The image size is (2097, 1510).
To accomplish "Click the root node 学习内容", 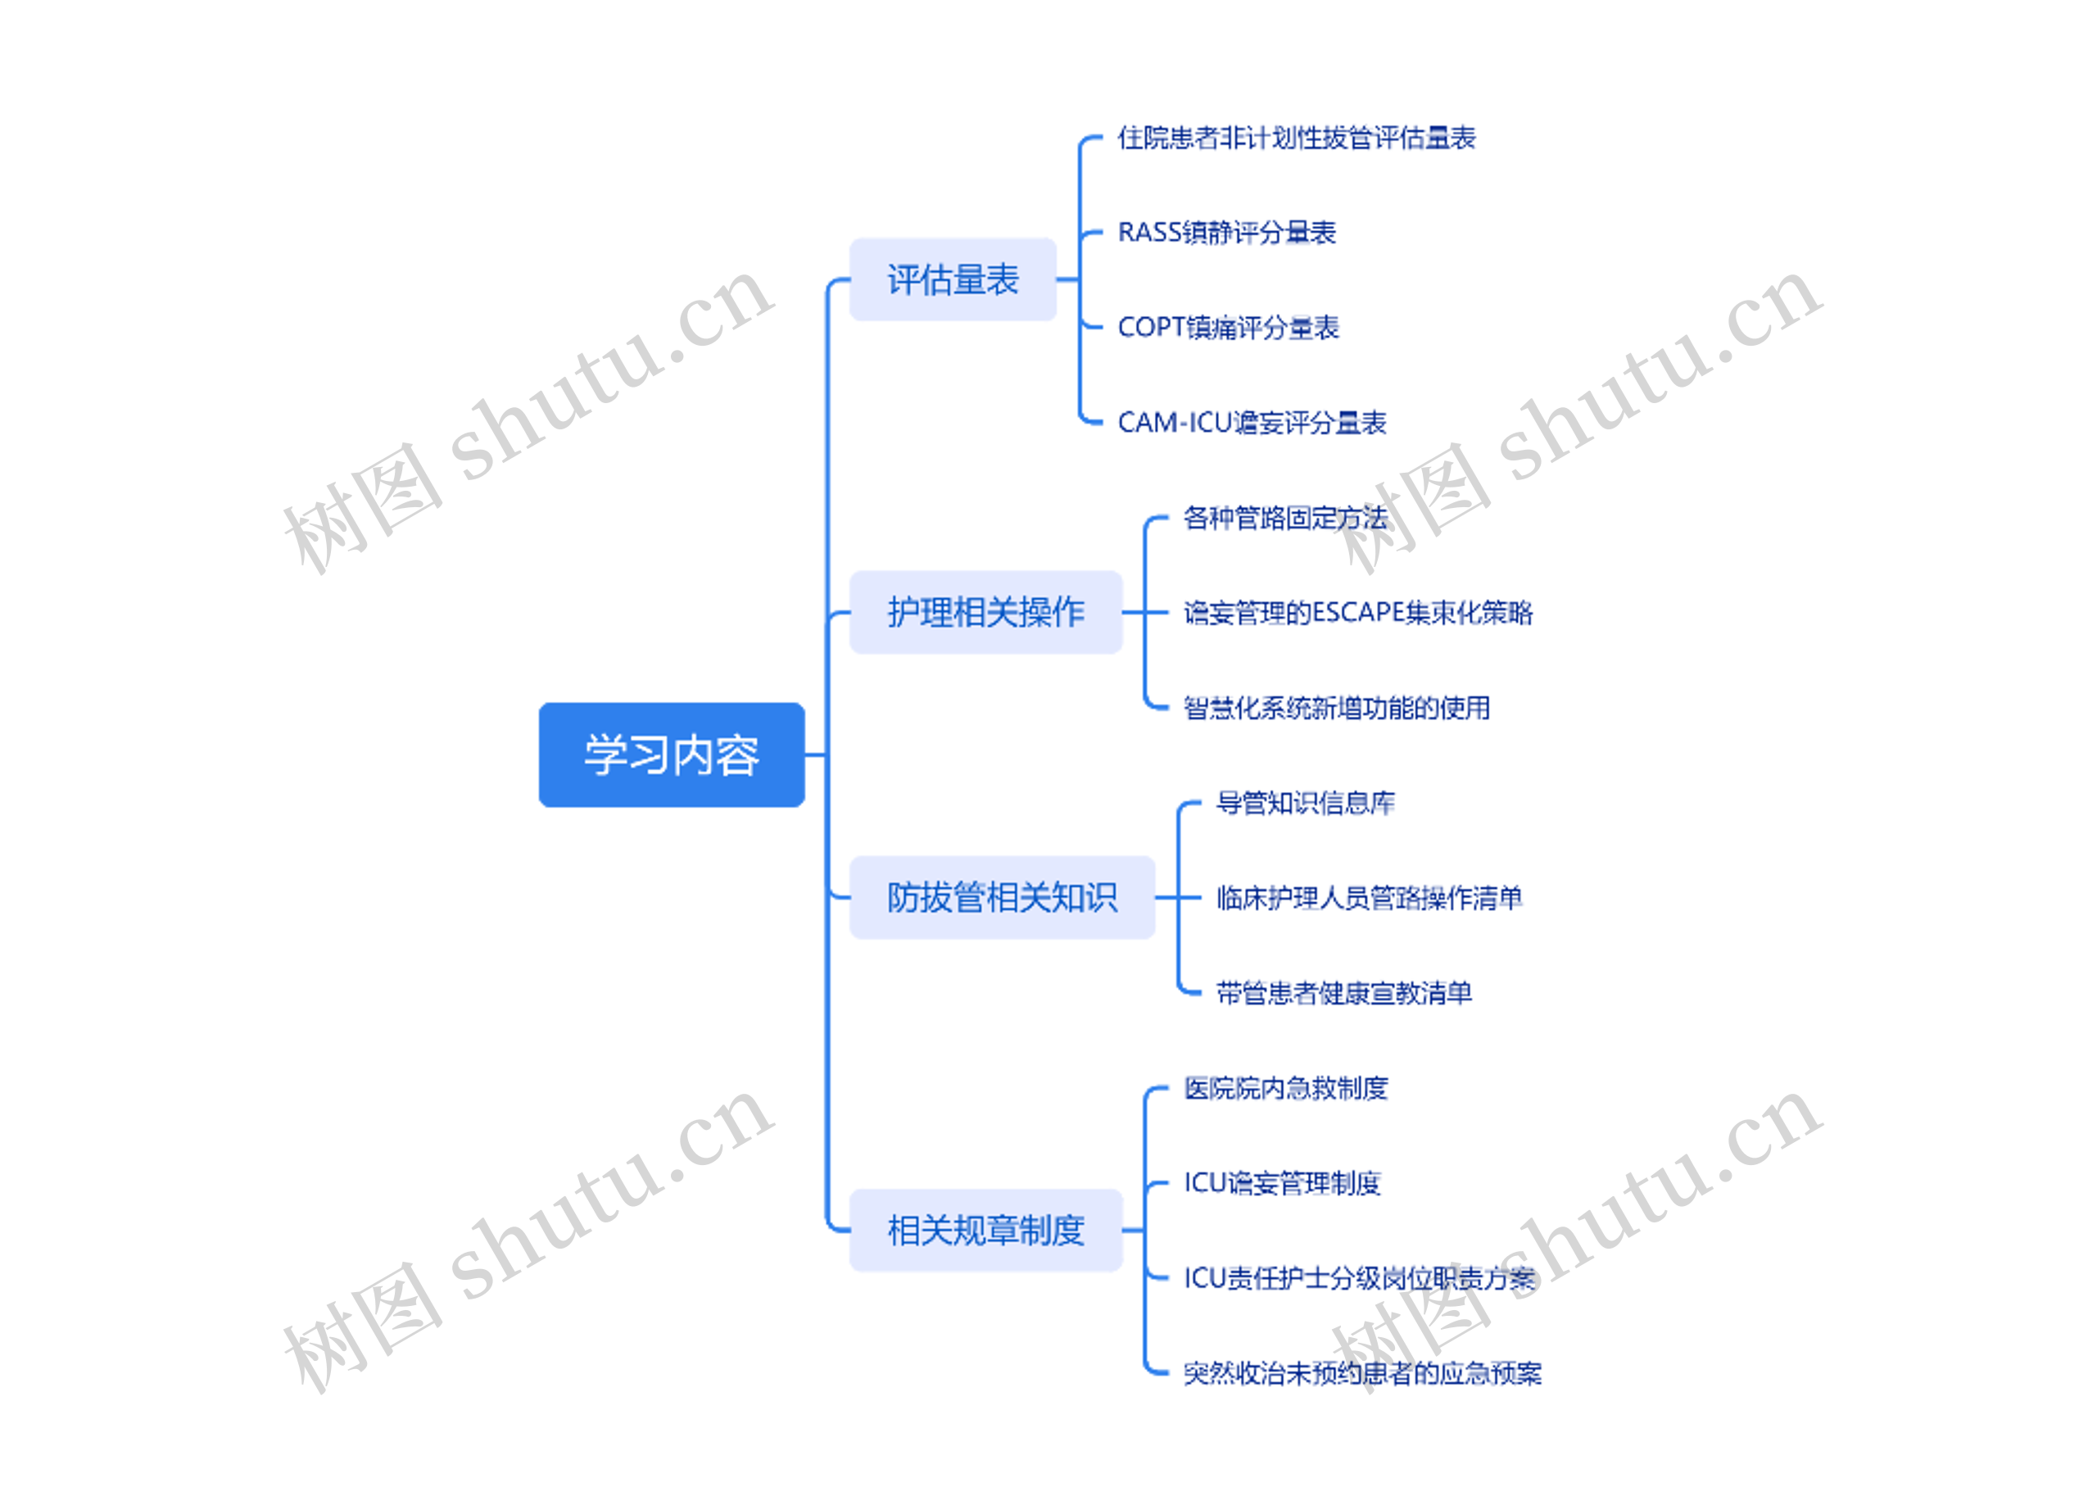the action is click(x=671, y=755).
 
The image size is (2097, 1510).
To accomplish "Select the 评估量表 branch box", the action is click(x=953, y=279).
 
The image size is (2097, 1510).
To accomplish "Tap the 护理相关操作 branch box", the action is click(x=985, y=612).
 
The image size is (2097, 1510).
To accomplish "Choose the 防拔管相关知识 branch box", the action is click(x=1003, y=897).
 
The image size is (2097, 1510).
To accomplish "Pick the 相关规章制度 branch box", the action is click(x=985, y=1230).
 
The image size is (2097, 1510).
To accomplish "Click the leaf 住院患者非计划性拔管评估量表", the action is click(x=1297, y=138).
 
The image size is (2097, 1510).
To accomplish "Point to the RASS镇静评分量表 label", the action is click(x=1227, y=232).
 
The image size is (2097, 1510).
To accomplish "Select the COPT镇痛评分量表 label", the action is click(x=1228, y=328).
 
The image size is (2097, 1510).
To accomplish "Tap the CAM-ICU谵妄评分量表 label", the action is click(x=1252, y=423).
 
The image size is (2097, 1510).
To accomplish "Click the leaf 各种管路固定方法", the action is click(x=1285, y=518).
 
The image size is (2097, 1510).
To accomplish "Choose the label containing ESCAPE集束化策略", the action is click(x=1357, y=612).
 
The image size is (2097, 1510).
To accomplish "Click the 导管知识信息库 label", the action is click(x=1306, y=803).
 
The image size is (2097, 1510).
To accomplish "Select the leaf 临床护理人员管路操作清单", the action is click(x=1370, y=897).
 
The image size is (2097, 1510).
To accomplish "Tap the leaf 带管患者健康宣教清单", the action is click(x=1344, y=992).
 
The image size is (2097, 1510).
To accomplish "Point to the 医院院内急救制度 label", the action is click(x=1286, y=1087).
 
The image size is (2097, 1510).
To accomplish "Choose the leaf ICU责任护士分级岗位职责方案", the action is click(x=1359, y=1278).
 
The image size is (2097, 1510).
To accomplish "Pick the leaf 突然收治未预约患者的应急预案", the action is click(x=1363, y=1373).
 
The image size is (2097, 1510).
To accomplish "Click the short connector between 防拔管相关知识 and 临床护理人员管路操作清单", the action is click(x=1178, y=897).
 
